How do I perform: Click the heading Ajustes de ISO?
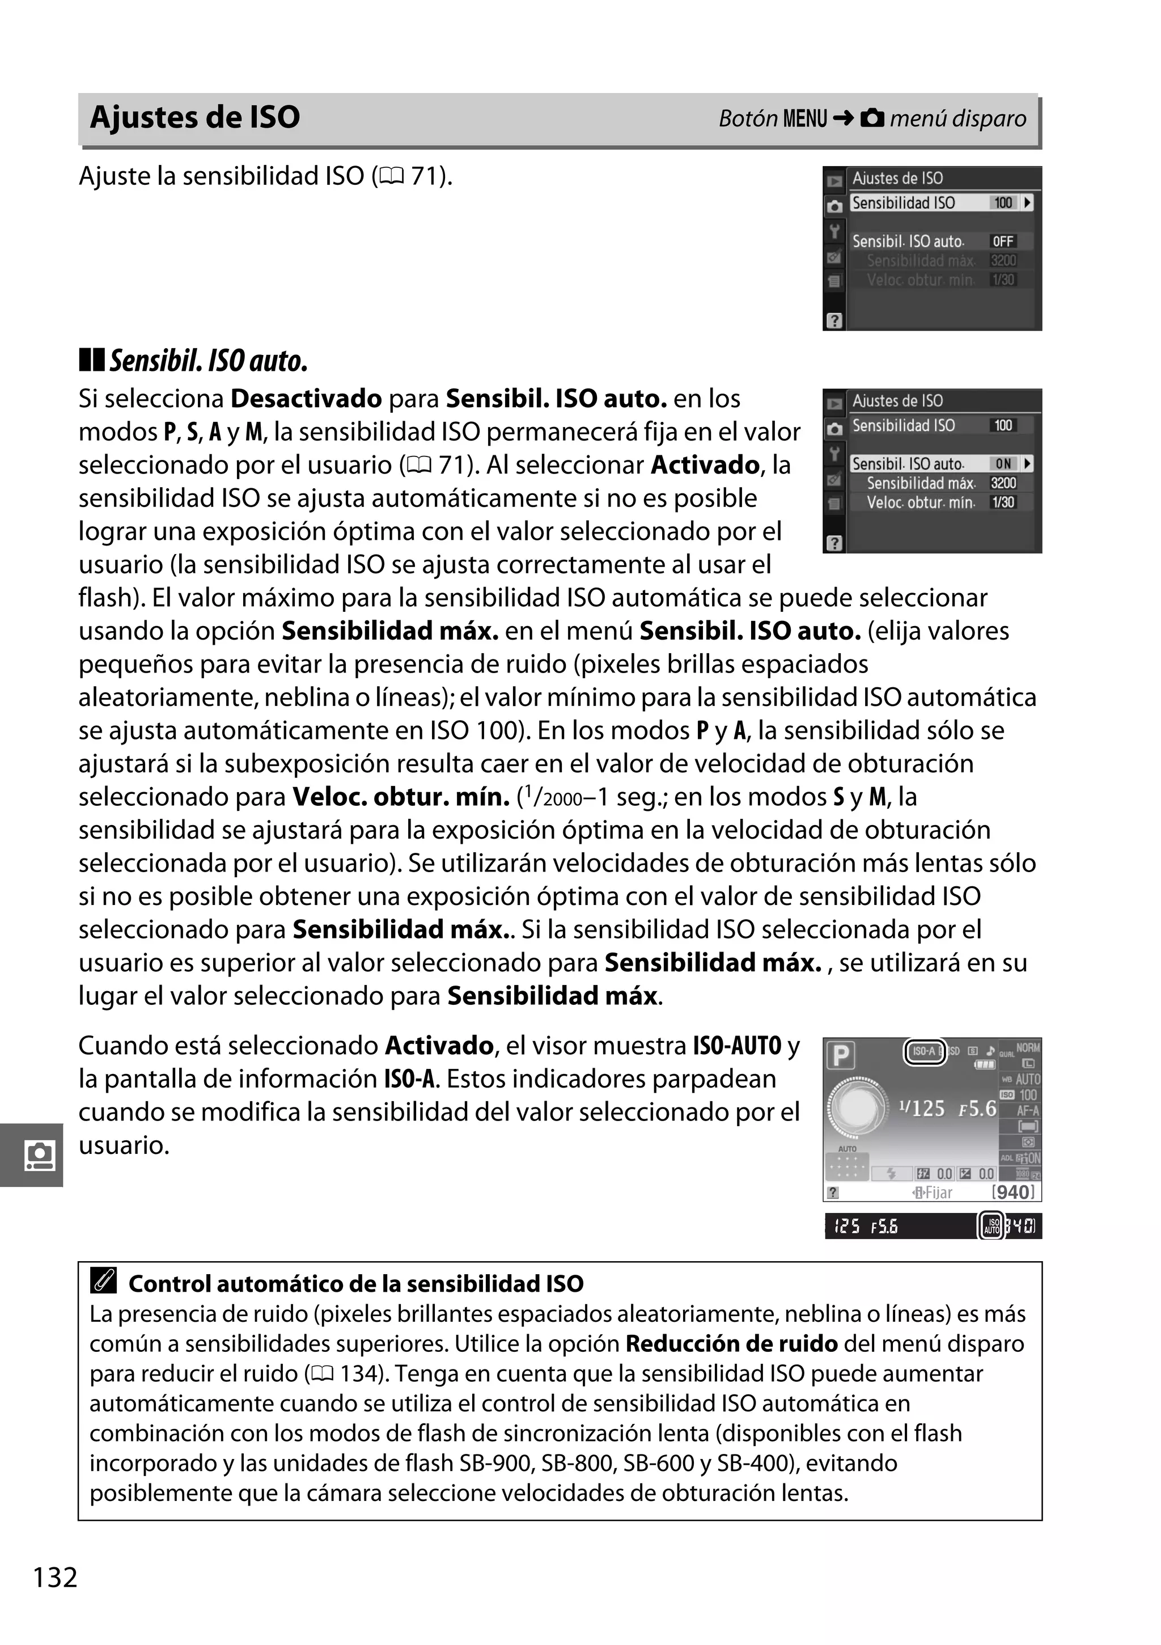(x=195, y=117)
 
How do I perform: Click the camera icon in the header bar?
(x=872, y=117)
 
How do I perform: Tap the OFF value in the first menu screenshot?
(x=1003, y=242)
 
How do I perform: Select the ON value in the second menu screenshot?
(x=1003, y=463)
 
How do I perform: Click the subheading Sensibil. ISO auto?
(x=207, y=361)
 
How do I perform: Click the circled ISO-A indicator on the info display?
(x=925, y=1051)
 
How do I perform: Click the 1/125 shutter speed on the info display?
(x=922, y=1109)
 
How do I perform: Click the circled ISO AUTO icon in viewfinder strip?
(x=991, y=1226)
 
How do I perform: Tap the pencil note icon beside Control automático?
(x=104, y=1280)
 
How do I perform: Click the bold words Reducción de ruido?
(x=731, y=1343)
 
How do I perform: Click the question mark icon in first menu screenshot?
(x=834, y=320)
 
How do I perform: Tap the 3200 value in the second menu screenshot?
(x=1003, y=483)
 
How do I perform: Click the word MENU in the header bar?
(x=805, y=118)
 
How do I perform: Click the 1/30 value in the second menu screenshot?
(x=1003, y=502)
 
